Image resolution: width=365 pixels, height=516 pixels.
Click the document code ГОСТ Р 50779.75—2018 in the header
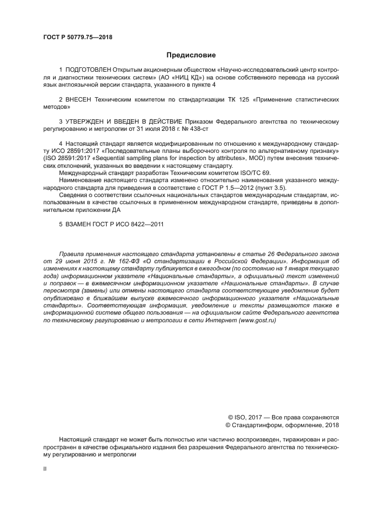click(78, 38)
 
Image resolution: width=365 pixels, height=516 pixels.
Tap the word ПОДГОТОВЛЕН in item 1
click(88, 70)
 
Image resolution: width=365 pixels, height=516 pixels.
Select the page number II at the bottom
click(45, 469)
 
